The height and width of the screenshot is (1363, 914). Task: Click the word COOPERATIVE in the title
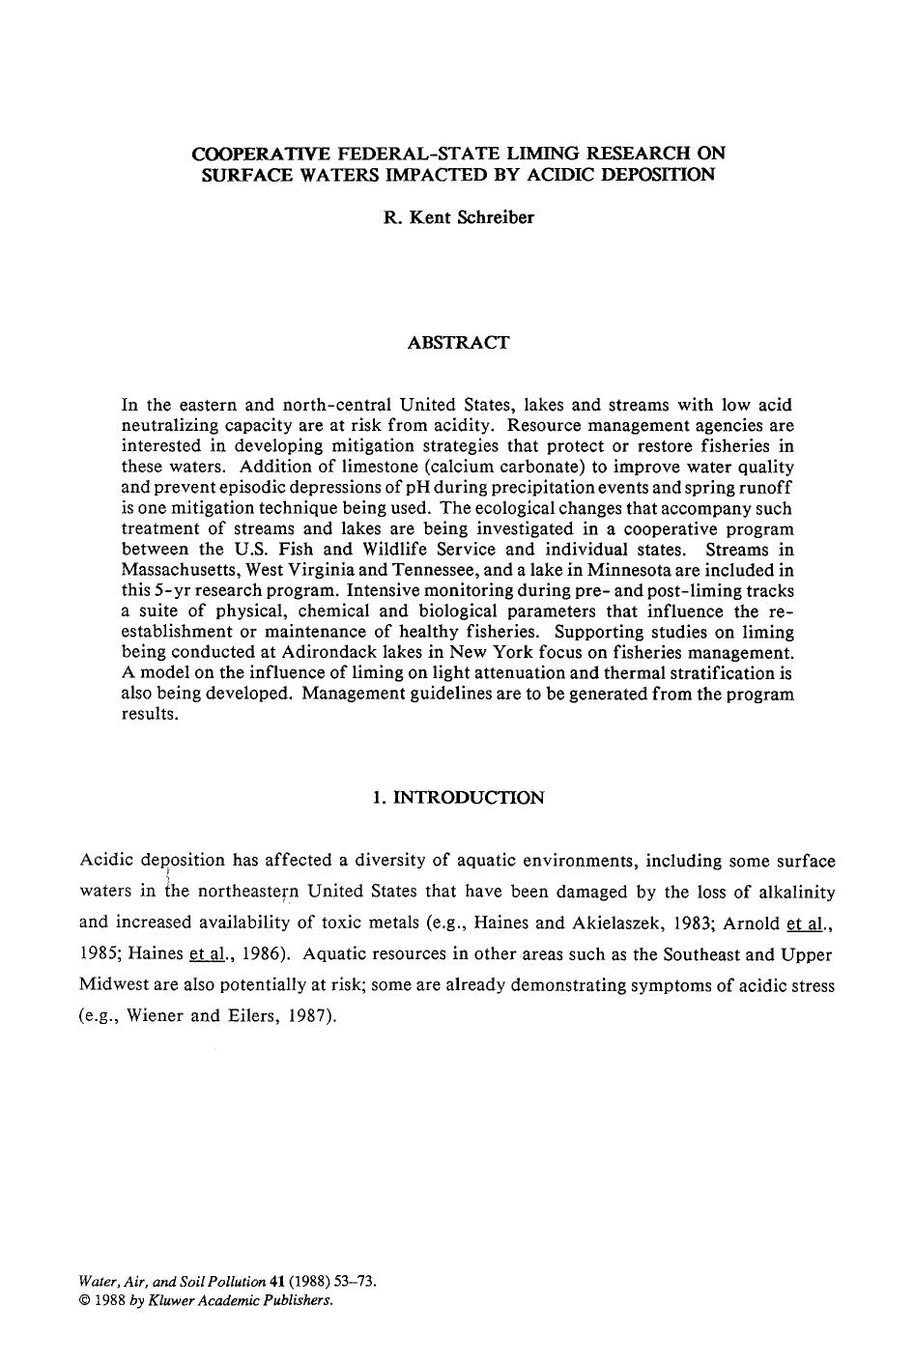(248, 153)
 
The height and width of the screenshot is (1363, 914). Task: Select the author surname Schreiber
(496, 217)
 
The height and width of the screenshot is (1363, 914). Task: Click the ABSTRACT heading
(458, 342)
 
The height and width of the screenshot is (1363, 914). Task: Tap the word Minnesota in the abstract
(655, 571)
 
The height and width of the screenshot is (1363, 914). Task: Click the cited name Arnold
(751, 923)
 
